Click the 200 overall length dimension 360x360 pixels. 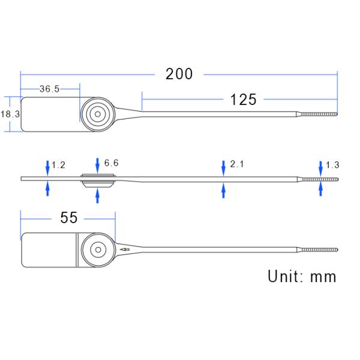(179, 74)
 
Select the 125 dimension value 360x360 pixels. (243, 100)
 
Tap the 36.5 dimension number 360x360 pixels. (49, 89)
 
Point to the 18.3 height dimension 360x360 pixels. (10, 113)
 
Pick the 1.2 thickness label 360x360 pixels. (58, 165)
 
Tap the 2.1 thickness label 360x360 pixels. (237, 164)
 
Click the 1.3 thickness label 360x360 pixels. (332, 165)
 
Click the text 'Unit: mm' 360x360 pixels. (302, 277)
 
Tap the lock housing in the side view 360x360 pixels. (97, 178)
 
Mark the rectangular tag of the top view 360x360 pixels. (50, 114)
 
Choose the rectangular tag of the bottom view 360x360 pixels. (50, 249)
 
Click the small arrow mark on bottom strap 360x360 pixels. (125, 249)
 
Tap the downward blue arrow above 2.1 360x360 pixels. (223, 165)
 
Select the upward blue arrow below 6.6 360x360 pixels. (98, 195)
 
